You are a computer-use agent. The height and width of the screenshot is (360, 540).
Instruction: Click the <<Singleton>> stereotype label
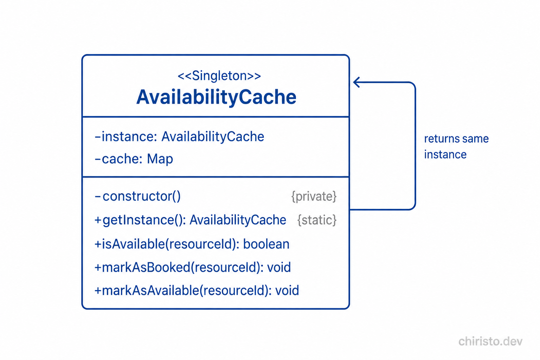(219, 76)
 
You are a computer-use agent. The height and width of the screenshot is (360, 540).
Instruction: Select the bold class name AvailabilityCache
(216, 97)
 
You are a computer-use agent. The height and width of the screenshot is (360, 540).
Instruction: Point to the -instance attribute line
(179, 137)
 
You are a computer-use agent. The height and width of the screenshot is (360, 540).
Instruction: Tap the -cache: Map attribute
(134, 159)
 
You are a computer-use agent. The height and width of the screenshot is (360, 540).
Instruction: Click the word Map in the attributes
(160, 159)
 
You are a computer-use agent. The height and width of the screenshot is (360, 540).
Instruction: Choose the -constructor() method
(138, 196)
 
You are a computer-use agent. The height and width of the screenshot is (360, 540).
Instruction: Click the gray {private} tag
(314, 196)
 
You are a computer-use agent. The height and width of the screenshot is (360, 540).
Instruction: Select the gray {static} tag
(317, 220)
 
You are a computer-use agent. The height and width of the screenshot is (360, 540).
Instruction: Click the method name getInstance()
(143, 220)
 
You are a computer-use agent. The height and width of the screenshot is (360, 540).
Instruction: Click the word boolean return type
(266, 244)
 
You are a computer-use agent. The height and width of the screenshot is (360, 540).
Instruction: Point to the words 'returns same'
(456, 139)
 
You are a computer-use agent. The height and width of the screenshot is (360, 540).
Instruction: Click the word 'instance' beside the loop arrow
(445, 155)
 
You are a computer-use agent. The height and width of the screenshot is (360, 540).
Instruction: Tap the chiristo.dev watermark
(490, 341)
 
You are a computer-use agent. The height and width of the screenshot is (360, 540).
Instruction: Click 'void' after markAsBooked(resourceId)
(279, 268)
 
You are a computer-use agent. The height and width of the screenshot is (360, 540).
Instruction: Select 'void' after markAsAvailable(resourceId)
(287, 290)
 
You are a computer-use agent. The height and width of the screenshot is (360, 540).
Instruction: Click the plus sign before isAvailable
(98, 244)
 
